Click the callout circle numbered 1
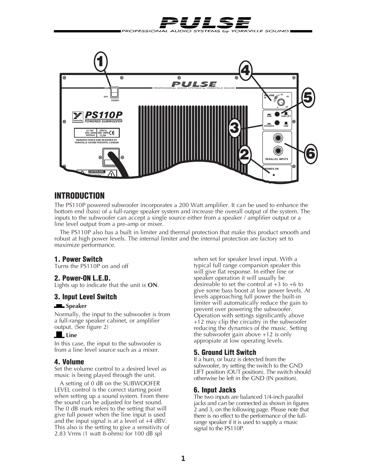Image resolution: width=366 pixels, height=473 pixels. pyautogui.click(x=100, y=62)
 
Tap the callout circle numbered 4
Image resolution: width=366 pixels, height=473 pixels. pyautogui.click(x=245, y=71)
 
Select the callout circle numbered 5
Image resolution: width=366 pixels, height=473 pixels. pyautogui.click(x=307, y=97)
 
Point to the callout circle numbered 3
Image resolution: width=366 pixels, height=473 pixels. pyautogui.click(x=235, y=128)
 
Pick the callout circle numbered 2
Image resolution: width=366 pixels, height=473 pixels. pyautogui.click(x=244, y=155)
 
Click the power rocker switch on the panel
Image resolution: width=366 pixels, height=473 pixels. pyautogui.click(x=115, y=92)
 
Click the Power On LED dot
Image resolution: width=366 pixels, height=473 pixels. pyautogui.click(x=274, y=175)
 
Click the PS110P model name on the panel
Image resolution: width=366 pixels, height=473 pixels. pyautogui.click(x=104, y=115)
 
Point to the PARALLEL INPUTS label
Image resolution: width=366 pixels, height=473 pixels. pyautogui.click(x=277, y=159)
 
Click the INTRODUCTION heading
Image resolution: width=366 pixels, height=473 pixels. pyautogui.click(x=80, y=196)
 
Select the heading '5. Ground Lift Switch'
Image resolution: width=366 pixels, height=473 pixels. pyautogui.click(x=225, y=353)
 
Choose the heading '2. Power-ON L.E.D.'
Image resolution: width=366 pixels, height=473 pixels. pyautogui.click(x=82, y=278)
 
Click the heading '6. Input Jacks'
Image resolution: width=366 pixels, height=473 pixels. pyautogui.click(x=215, y=390)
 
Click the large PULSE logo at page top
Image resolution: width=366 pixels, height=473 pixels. pyautogui.click(x=205, y=23)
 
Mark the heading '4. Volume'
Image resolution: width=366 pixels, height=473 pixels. pyautogui.click(x=69, y=362)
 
